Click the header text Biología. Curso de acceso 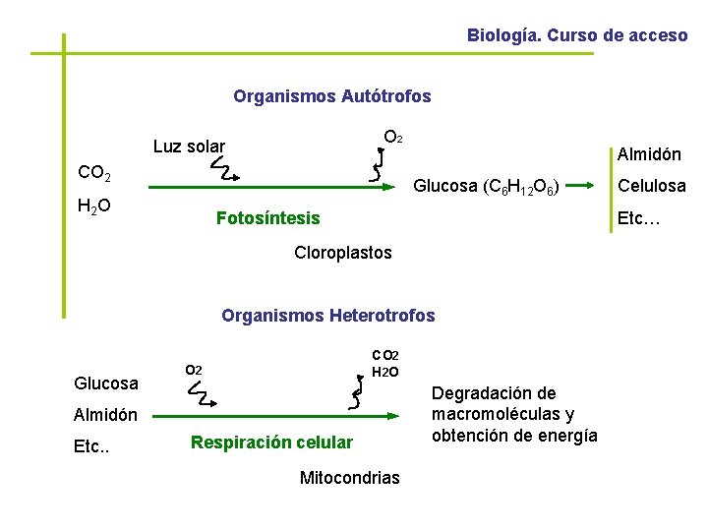[x=577, y=35]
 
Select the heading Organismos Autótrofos [x=332, y=96]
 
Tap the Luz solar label [x=189, y=147]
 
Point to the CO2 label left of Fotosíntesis [x=94, y=174]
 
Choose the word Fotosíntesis [x=267, y=217]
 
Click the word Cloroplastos [x=343, y=253]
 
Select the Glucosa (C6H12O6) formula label [x=487, y=185]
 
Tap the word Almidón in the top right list [x=649, y=154]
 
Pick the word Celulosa [x=651, y=185]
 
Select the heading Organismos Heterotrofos [x=327, y=316]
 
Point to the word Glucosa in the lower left [x=106, y=383]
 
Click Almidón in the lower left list [x=106, y=415]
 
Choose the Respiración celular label [x=271, y=442]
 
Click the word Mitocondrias [x=349, y=478]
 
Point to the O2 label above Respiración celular [x=193, y=370]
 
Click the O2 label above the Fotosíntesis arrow [x=391, y=137]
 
